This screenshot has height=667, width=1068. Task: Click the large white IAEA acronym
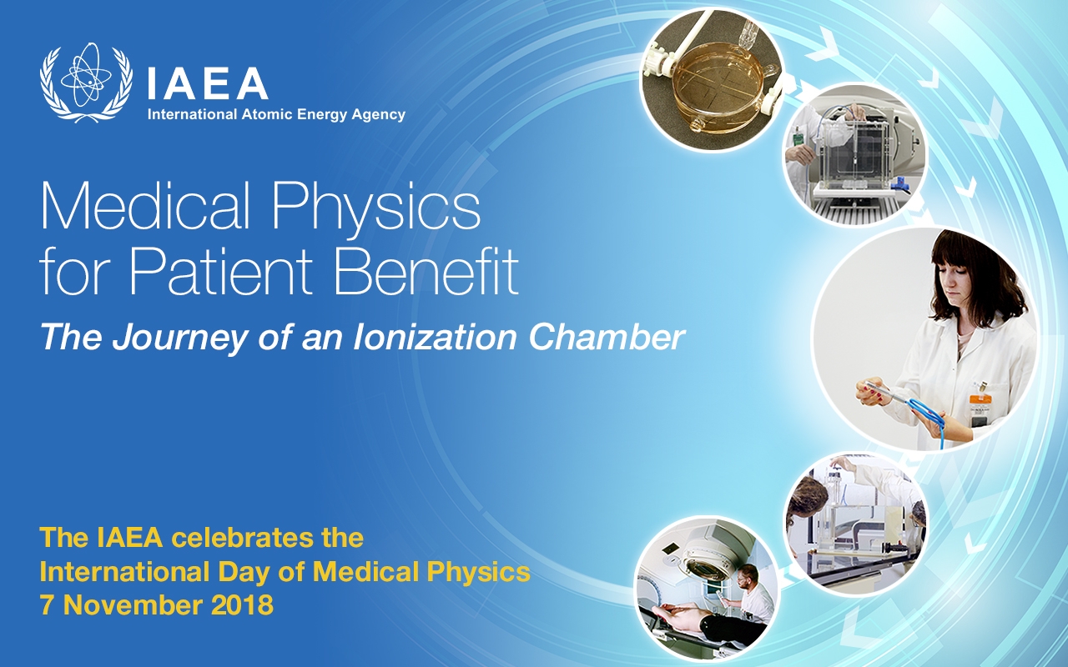point(208,83)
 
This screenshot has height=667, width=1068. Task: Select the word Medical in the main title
point(145,206)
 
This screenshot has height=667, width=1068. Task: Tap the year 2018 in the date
point(243,605)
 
